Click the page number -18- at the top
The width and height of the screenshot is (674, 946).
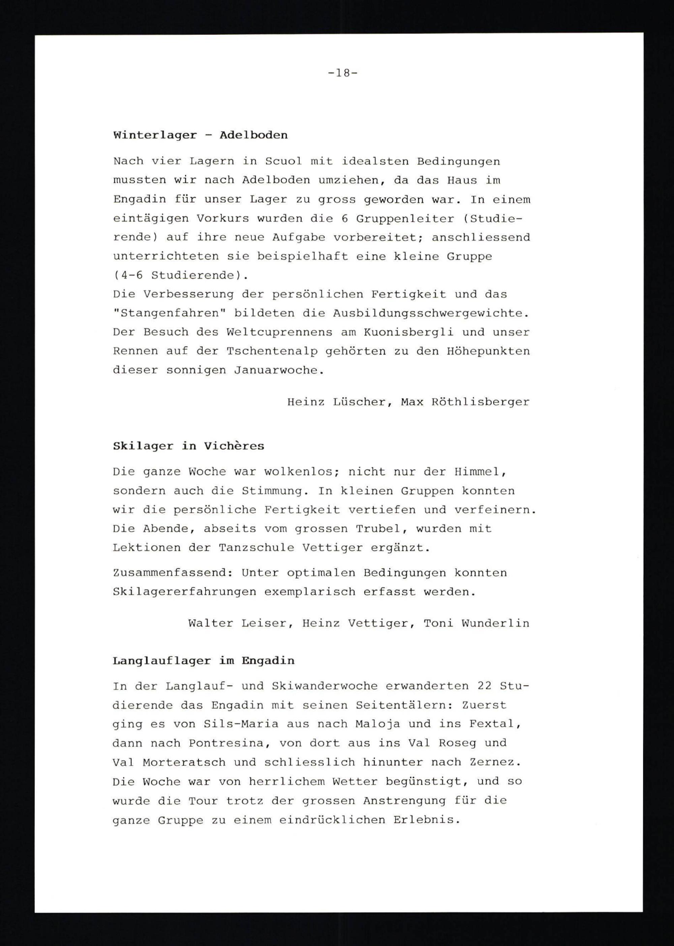(x=342, y=73)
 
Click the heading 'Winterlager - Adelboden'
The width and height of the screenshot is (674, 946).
(x=200, y=135)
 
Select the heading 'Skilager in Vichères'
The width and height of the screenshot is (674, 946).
(x=188, y=446)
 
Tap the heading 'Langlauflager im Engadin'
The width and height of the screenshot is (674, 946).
(x=203, y=661)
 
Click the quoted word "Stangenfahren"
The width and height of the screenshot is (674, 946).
(x=169, y=314)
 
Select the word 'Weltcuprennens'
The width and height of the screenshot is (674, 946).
(x=279, y=332)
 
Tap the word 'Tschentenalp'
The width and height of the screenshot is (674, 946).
(x=272, y=351)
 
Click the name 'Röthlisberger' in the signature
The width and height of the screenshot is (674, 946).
(x=481, y=402)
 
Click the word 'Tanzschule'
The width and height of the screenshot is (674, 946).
(x=256, y=548)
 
